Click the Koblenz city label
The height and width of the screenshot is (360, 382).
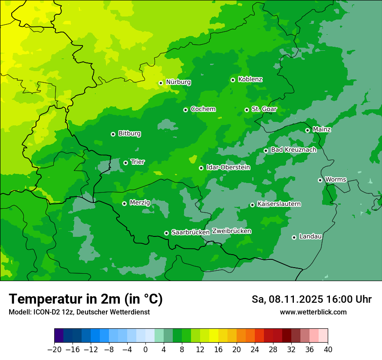[x=250, y=79]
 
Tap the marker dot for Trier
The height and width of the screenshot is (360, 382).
[x=125, y=163]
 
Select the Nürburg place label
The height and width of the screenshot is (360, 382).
[x=178, y=82]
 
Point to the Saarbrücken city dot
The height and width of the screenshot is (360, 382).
[x=166, y=233]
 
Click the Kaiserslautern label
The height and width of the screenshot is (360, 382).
[x=279, y=204]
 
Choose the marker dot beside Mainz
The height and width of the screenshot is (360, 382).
[x=307, y=130]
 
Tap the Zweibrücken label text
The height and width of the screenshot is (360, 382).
[x=231, y=231]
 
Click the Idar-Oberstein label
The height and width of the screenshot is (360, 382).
[x=228, y=167]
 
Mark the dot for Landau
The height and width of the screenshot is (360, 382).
[x=294, y=237]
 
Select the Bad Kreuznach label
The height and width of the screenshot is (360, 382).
[x=293, y=150]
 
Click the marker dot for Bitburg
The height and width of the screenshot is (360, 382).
[x=113, y=134]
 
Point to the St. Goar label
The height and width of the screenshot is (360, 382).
[x=264, y=109]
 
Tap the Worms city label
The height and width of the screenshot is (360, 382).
[x=336, y=179]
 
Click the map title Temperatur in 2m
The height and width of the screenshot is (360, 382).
[x=86, y=299]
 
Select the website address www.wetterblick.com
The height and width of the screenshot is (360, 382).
[x=313, y=312]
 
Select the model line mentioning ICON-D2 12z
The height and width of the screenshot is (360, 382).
[x=79, y=312]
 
